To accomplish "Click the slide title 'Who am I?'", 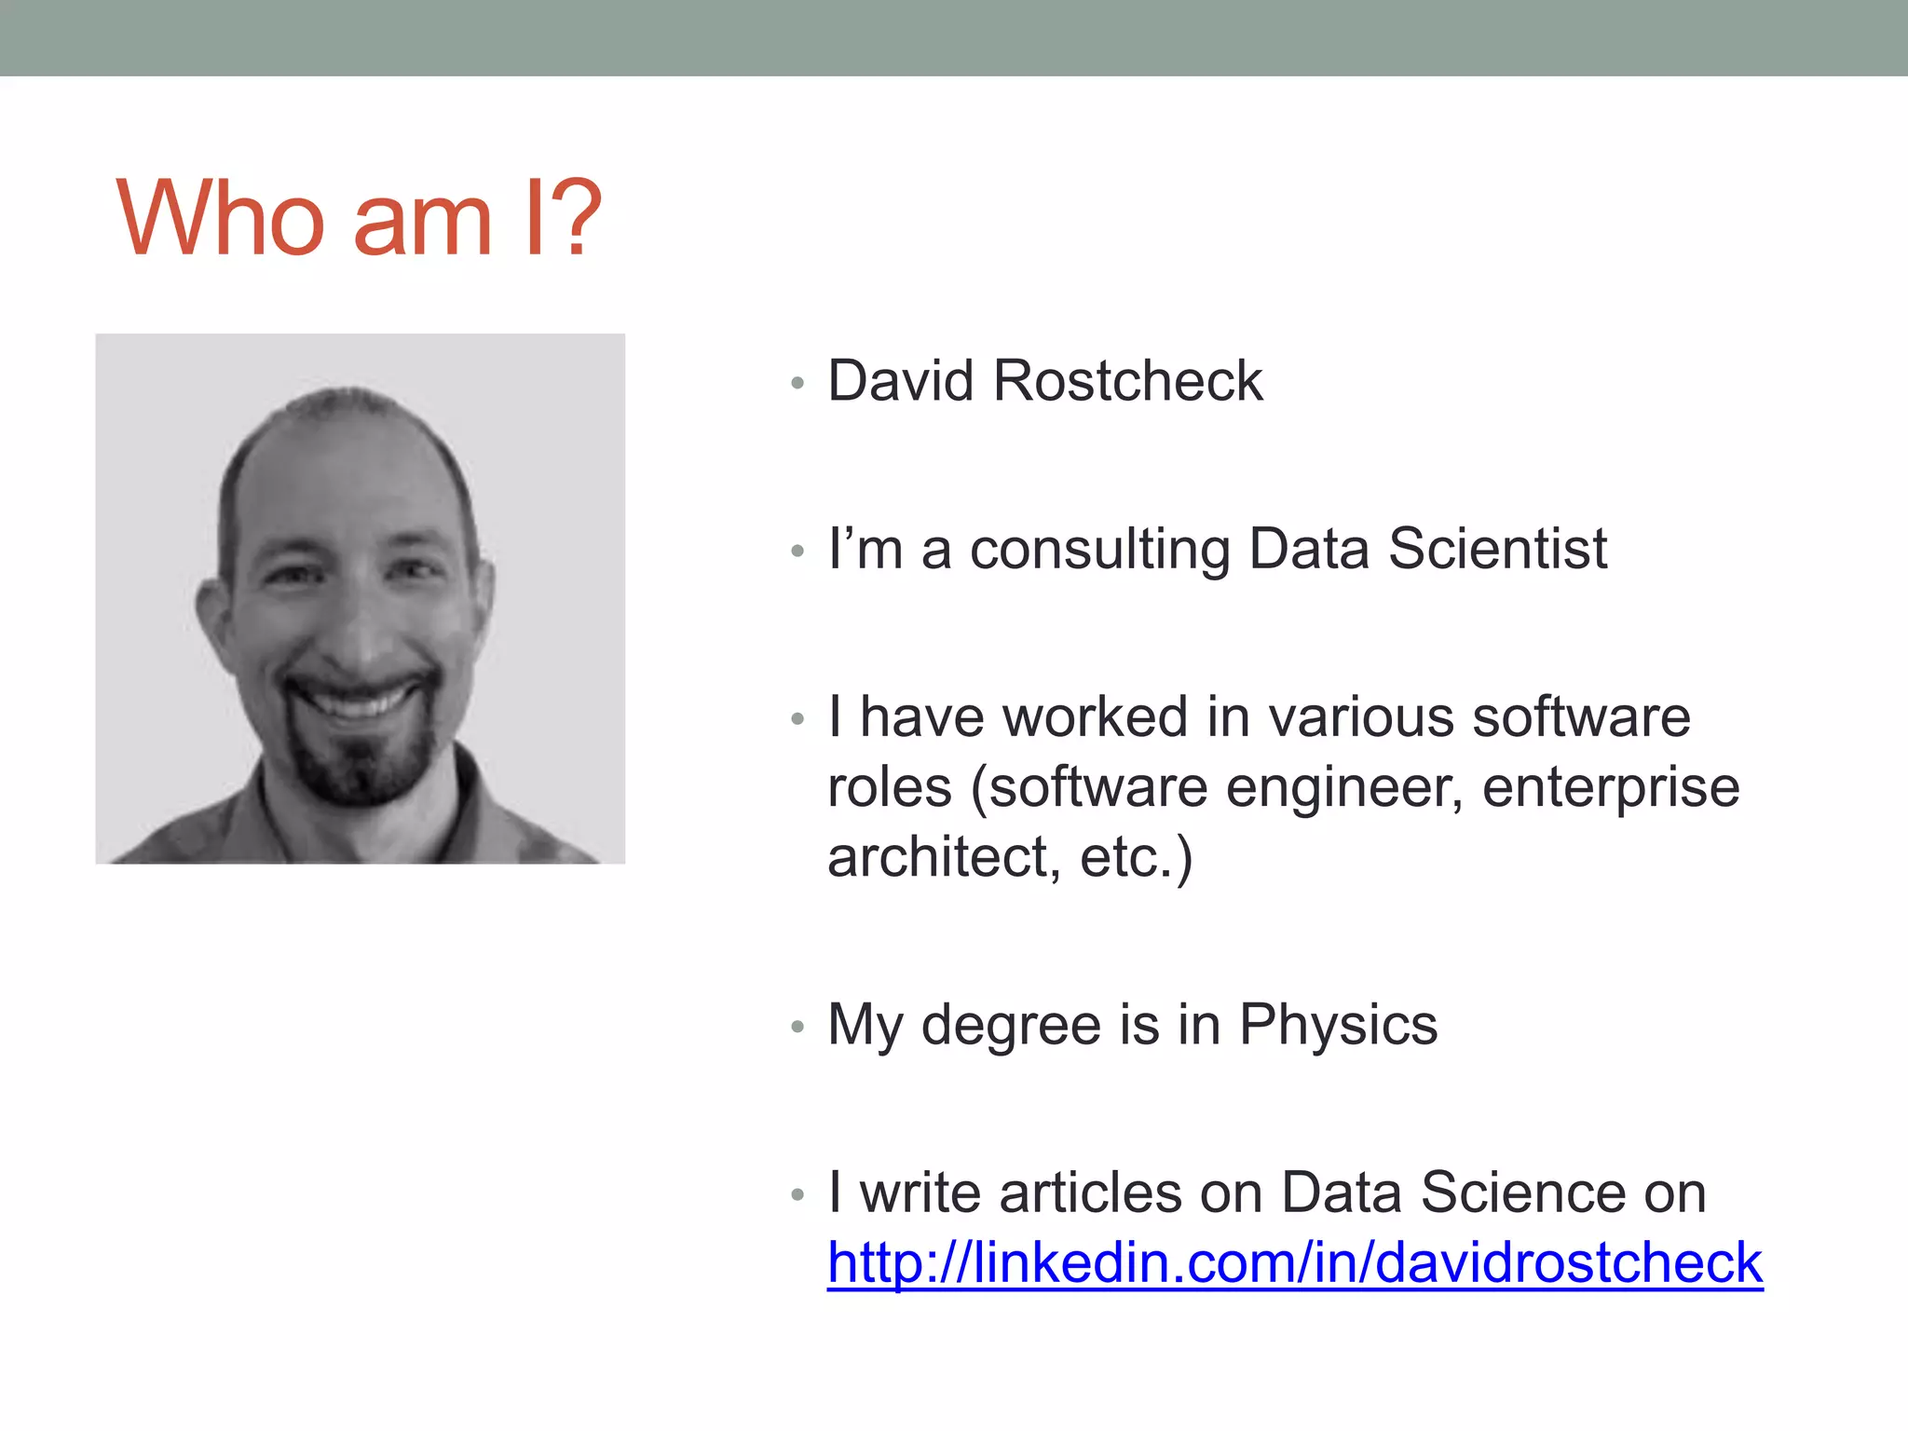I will [359, 218].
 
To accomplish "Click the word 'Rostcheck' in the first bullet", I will [1127, 381].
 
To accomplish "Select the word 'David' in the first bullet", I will [900, 381].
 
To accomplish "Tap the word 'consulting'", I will [1099, 550].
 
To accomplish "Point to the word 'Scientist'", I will [1497, 549].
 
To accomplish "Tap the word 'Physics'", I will [1338, 1026].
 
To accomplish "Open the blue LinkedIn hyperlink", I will [1294, 1263].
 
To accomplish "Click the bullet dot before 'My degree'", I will [797, 1028].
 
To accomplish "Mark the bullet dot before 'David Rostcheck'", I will [797, 383].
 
